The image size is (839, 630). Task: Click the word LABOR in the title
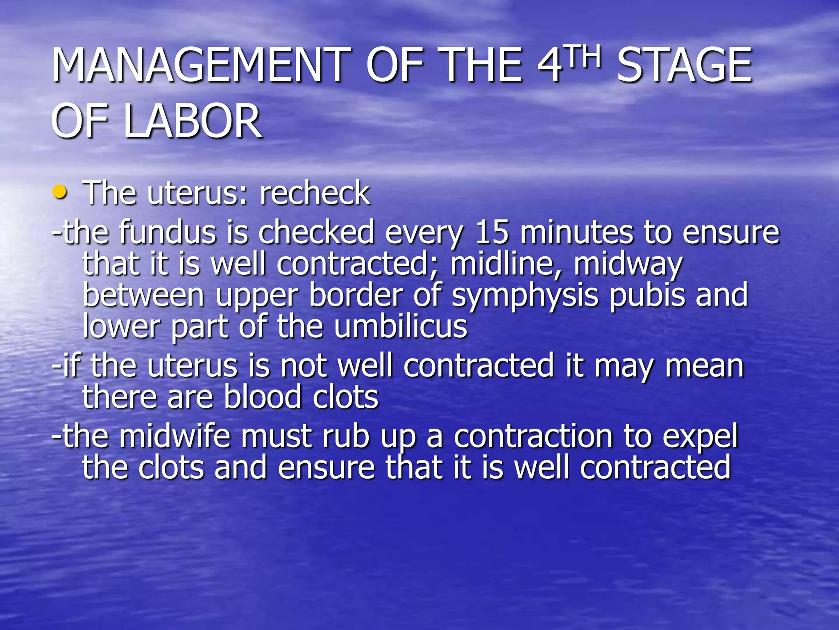193,121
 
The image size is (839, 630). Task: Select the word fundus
168,232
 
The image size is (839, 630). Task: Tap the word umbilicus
400,326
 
